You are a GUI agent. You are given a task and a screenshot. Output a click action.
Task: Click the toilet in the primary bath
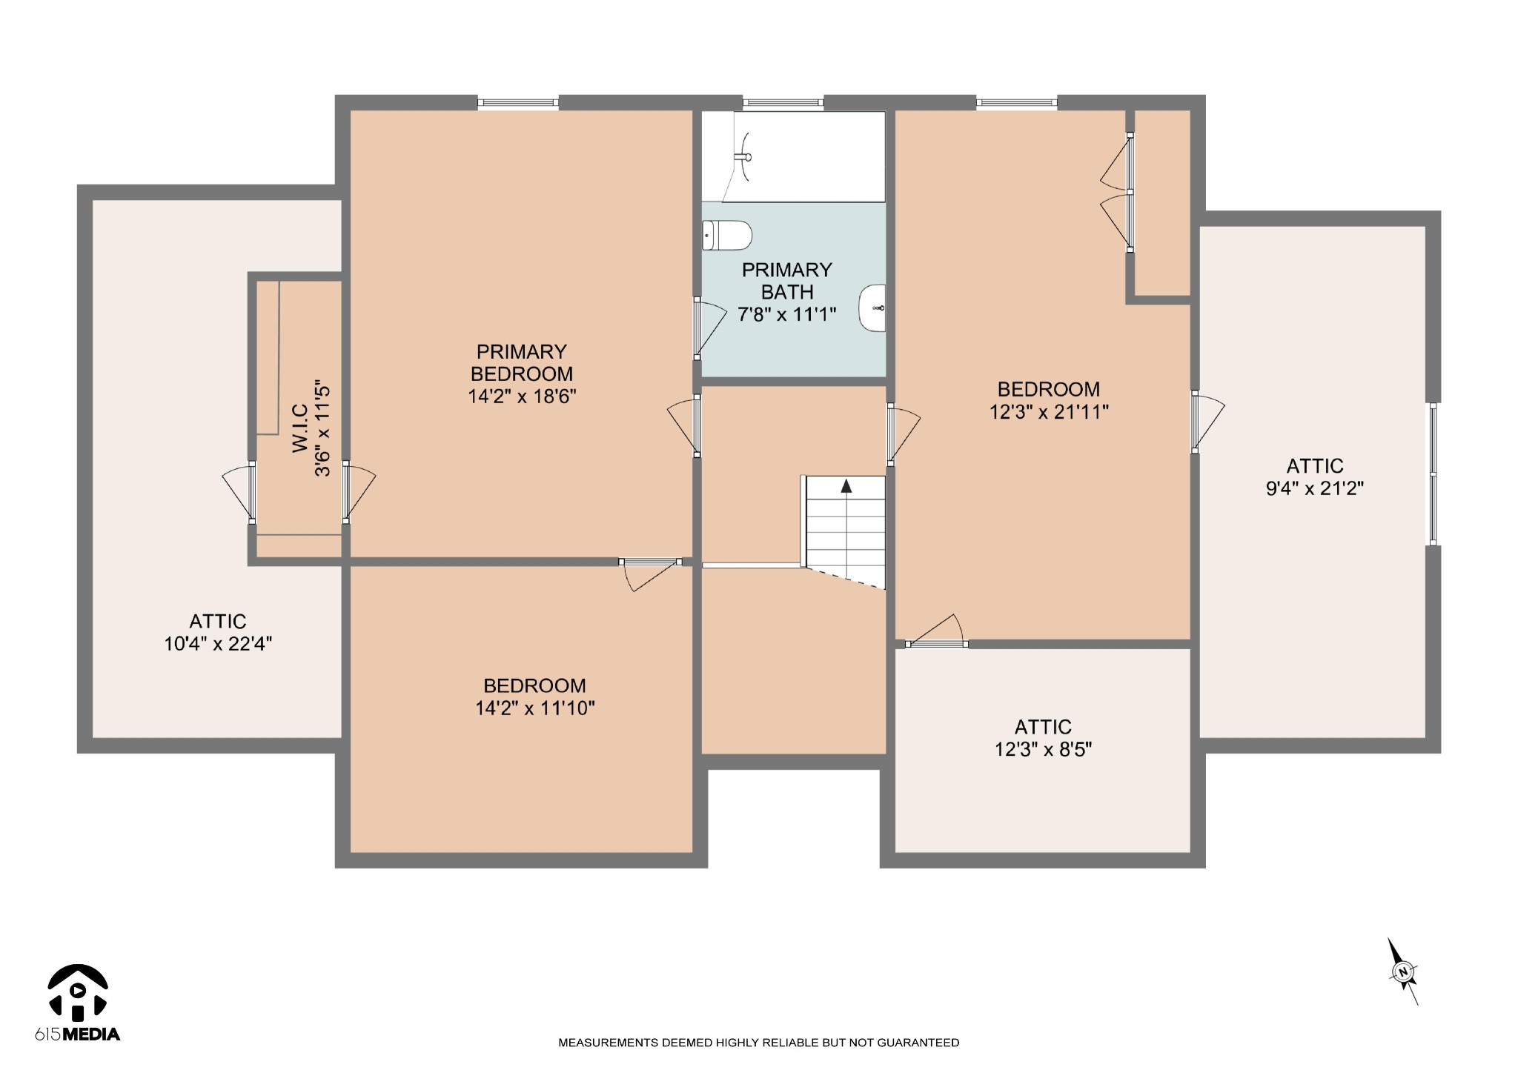tap(727, 236)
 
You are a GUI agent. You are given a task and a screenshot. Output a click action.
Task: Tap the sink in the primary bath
tap(872, 308)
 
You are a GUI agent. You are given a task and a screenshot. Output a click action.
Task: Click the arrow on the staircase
tap(846, 487)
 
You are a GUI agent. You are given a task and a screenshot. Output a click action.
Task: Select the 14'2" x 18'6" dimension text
tap(522, 396)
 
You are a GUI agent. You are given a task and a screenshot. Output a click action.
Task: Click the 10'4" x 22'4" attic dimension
tap(218, 644)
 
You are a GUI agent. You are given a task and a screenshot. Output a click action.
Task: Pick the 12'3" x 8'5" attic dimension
tap(1043, 750)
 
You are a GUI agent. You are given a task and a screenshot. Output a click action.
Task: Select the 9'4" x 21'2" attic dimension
tap(1315, 488)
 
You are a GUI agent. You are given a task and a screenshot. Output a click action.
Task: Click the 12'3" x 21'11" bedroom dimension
tap(1049, 412)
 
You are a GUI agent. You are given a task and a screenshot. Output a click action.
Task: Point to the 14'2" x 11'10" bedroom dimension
tap(534, 708)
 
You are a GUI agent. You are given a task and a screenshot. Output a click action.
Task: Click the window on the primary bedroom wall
tap(518, 103)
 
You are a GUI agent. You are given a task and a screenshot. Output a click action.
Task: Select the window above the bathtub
tap(783, 103)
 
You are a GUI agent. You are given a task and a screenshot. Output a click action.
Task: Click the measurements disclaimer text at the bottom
tap(758, 1043)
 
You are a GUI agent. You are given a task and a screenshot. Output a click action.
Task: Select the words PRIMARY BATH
tap(787, 281)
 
